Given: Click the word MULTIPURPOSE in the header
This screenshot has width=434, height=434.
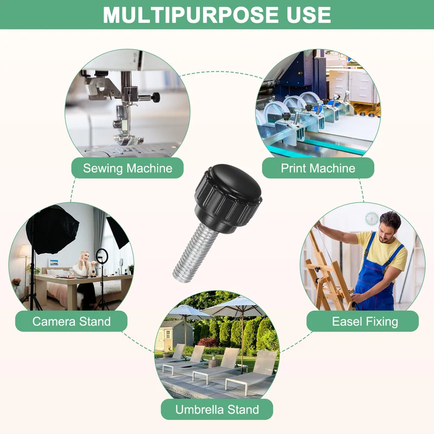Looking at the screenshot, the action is pos(191,15).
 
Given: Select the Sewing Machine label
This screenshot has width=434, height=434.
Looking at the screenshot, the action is pos(127,168).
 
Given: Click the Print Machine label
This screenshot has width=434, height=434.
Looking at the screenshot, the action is pos(318,168).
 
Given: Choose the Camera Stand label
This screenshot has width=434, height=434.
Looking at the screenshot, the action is pos(72,321).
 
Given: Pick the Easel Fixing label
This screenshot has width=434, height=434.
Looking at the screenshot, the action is pos(362,321).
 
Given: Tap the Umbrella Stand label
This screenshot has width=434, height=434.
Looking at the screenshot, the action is pos(217,410).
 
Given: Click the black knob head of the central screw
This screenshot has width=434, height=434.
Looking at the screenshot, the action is pos(228,198).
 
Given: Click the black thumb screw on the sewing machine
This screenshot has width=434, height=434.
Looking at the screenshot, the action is pos(156,97).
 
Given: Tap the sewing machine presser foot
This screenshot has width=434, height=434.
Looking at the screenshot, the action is pos(129,140).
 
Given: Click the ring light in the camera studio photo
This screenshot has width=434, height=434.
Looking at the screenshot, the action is pos(101,256).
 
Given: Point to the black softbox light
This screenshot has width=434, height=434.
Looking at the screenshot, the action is pos(52,229).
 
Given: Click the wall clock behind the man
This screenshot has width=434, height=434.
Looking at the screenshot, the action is pos(372,219).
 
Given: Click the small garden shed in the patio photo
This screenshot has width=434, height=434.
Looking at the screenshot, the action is pos(174,335).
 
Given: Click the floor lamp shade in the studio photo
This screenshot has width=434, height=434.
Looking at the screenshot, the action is pos(25,251).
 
